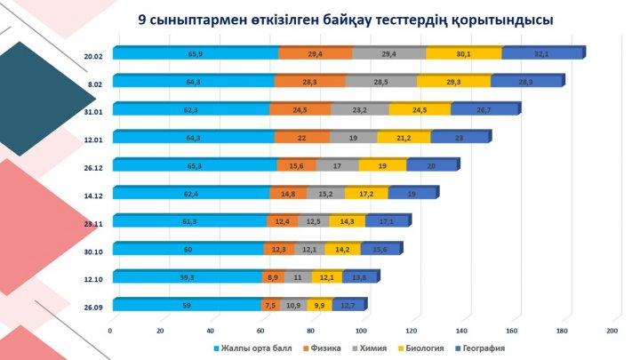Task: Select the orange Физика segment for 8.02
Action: click(309, 82)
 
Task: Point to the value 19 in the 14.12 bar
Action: click(413, 193)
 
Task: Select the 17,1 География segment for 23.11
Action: click(386, 221)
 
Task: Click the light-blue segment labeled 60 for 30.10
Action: click(188, 249)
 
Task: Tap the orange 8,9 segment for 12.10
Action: click(274, 277)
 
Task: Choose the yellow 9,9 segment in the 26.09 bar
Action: click(320, 305)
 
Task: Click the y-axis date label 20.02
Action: click(92, 55)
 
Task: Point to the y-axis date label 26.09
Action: click(92, 308)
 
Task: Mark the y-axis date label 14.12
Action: click(92, 195)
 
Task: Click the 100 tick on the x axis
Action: click(361, 332)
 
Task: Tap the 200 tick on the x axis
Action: click(612, 332)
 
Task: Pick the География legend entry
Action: click(482, 348)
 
